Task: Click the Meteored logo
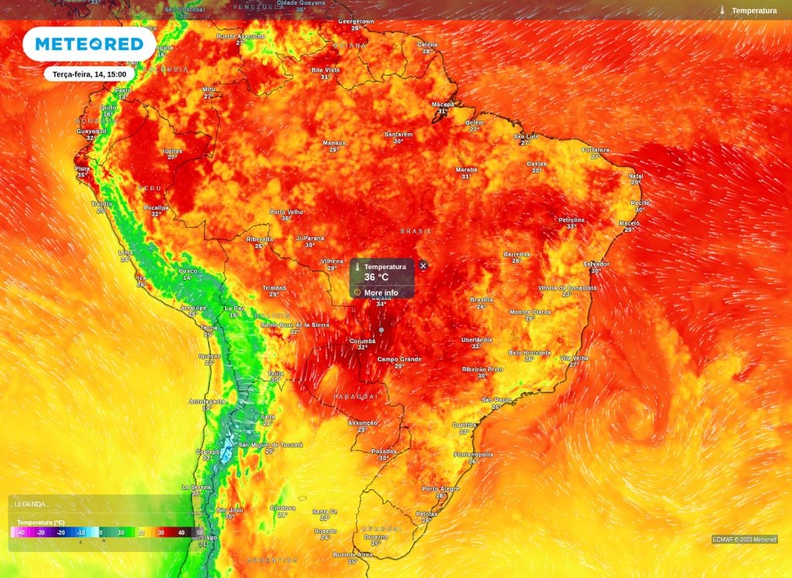[x=89, y=44]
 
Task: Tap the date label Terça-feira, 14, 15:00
[x=90, y=74]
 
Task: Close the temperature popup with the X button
[x=423, y=265]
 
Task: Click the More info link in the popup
[x=381, y=293]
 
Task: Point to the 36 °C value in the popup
[x=377, y=277]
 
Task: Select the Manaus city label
[x=334, y=143]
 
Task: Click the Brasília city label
[x=482, y=300]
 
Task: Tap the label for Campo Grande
[x=399, y=359]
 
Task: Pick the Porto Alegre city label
[x=440, y=488]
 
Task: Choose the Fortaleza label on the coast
[x=596, y=150]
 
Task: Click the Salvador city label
[x=596, y=263]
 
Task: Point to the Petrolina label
[x=572, y=220]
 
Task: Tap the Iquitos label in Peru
[x=172, y=151]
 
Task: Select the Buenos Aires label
[x=352, y=554]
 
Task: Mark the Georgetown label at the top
[x=357, y=22]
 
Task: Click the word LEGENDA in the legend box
[x=29, y=504]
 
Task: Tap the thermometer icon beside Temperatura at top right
[x=722, y=11]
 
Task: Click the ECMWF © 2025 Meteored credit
[x=744, y=539]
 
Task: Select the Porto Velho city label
[x=286, y=212]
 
